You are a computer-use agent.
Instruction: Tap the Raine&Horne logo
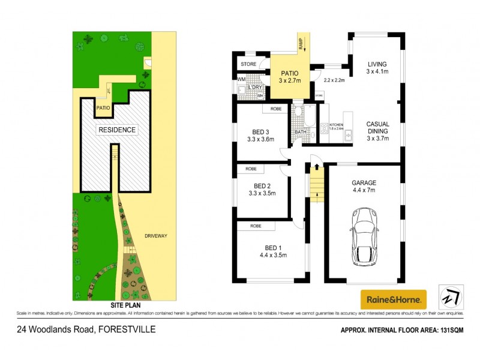[x=393, y=299]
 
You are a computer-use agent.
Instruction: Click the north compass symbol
[x=451, y=297]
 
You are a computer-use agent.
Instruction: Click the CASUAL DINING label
[x=378, y=131]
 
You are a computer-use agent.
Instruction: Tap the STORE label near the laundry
[x=248, y=64]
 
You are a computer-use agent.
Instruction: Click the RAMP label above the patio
[x=300, y=43]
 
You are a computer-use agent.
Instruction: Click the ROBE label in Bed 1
[x=255, y=226]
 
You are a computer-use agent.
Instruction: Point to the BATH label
[x=300, y=131]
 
